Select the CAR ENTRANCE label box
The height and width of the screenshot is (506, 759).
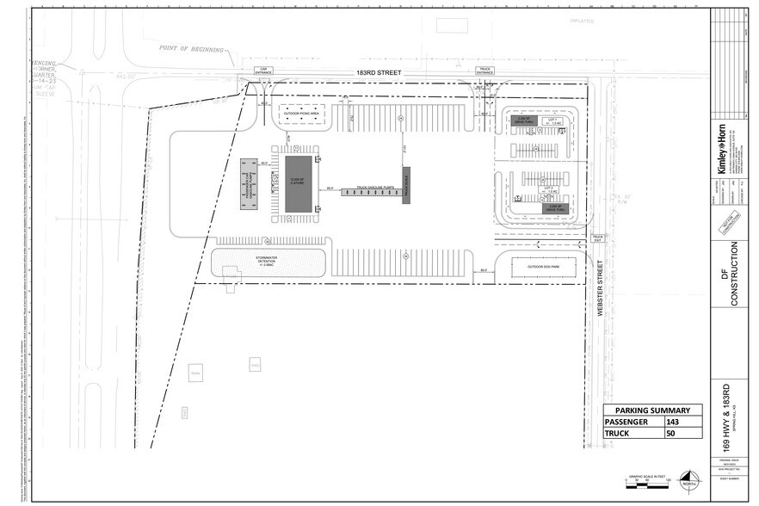coord(262,71)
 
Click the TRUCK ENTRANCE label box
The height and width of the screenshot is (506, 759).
coord(484,71)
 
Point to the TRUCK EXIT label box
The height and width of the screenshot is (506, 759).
coord(598,238)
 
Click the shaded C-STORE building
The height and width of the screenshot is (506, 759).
coord(299,184)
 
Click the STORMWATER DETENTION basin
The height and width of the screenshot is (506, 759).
coord(268,263)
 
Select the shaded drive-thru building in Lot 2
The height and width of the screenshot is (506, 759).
coord(556,207)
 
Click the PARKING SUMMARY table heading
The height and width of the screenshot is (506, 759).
coord(651,410)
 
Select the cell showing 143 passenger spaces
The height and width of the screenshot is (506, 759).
coord(682,423)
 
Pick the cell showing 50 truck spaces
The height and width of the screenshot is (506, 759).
coord(682,435)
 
